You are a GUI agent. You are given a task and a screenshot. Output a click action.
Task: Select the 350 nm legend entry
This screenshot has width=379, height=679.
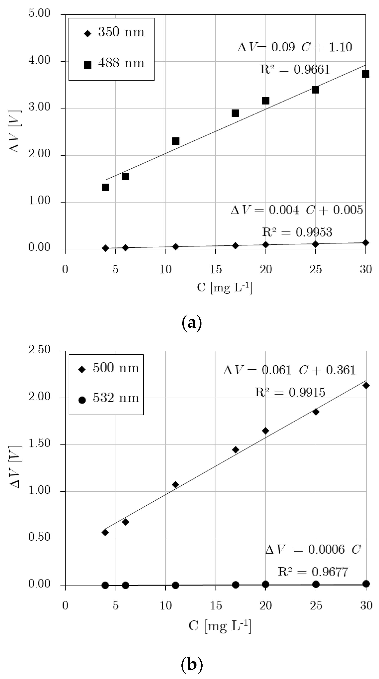click(x=114, y=32)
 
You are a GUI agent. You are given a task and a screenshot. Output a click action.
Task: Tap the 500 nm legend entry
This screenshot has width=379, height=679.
click(x=108, y=368)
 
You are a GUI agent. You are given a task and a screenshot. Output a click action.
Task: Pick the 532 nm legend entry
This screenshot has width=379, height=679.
click(x=108, y=398)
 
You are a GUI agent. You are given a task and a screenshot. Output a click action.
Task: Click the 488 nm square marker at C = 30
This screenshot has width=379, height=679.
click(x=365, y=74)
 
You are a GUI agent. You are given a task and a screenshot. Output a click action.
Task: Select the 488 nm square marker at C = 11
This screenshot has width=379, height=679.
click(x=175, y=141)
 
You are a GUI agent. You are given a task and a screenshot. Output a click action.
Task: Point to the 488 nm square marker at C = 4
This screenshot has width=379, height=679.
click(x=105, y=187)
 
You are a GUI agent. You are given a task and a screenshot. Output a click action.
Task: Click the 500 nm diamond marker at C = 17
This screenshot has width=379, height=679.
click(x=235, y=450)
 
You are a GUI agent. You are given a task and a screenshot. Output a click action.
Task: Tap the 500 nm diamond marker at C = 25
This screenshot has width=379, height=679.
click(x=316, y=412)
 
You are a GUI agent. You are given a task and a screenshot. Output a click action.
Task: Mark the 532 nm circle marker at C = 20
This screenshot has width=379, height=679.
click(x=266, y=584)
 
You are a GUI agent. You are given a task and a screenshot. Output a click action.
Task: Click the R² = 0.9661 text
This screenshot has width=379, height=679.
click(x=295, y=70)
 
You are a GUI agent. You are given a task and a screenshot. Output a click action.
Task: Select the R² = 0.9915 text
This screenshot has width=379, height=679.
click(x=290, y=392)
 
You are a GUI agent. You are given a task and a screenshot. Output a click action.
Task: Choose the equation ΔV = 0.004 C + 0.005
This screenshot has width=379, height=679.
click(x=297, y=210)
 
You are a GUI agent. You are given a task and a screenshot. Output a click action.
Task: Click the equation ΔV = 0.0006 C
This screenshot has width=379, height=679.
click(x=313, y=550)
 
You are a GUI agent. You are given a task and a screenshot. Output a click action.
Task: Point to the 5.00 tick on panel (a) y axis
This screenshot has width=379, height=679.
click(x=39, y=13)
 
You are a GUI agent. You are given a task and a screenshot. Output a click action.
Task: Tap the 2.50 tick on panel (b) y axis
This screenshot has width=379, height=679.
click(x=39, y=350)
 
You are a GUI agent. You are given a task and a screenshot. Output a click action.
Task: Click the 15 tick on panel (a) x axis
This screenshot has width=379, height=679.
click(x=215, y=269)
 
